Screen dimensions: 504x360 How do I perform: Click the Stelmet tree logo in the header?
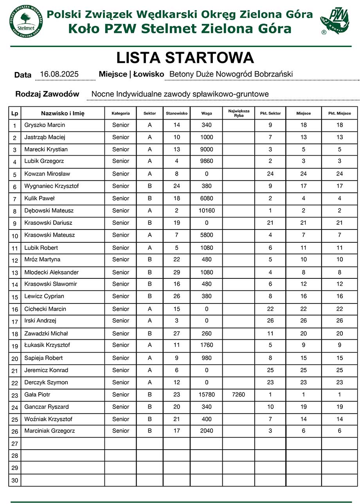[x=26, y=21]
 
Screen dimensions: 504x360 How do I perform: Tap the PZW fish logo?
[x=334, y=21]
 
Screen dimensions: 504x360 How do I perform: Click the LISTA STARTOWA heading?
[x=185, y=58]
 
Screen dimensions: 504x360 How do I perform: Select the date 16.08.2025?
[x=59, y=74]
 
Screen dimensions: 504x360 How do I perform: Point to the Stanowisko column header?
[x=177, y=113]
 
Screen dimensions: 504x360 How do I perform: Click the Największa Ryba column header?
[x=239, y=113]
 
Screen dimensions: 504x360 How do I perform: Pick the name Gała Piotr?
[x=37, y=395]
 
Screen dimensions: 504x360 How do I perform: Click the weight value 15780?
[x=207, y=395]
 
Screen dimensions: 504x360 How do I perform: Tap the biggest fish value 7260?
[x=238, y=395]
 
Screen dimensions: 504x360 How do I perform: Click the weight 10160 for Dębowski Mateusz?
[x=207, y=210]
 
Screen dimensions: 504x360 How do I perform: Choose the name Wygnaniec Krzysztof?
[x=51, y=186]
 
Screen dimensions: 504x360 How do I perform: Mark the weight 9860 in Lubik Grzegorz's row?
[x=207, y=161]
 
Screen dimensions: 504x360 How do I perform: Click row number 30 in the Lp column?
[x=15, y=480]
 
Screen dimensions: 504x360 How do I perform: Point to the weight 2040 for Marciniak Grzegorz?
[x=207, y=430]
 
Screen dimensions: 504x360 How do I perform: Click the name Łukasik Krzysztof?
[x=47, y=345]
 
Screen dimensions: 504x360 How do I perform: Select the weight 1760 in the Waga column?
[x=207, y=345]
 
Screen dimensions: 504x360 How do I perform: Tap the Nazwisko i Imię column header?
[x=63, y=113]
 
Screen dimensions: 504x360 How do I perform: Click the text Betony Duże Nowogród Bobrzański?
[x=231, y=74]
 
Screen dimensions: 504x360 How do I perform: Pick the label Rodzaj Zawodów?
[x=47, y=94]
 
